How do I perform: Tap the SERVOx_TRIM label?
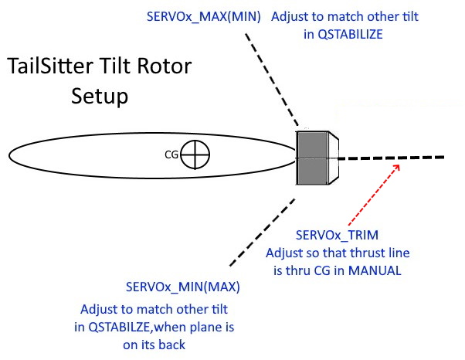click(x=336, y=234)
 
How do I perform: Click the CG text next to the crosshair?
click(x=172, y=155)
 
